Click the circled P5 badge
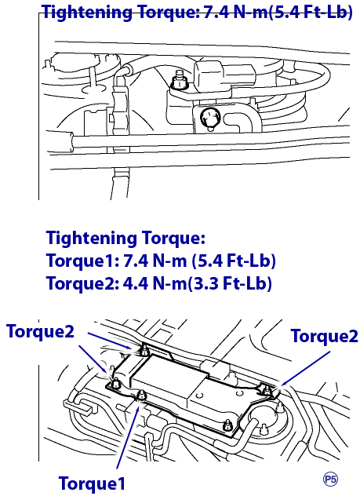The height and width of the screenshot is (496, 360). [331, 480]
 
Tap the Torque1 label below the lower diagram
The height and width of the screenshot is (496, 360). [92, 483]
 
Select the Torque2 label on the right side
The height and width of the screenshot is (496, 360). [324, 336]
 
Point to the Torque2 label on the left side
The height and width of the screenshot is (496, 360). [40, 331]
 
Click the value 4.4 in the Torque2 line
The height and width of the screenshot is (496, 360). [135, 283]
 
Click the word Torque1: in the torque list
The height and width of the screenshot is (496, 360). [83, 261]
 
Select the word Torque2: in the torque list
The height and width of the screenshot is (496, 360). [83, 283]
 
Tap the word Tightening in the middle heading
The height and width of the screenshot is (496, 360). [92, 239]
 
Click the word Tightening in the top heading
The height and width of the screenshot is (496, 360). [88, 13]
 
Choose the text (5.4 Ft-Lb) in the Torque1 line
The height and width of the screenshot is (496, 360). [234, 261]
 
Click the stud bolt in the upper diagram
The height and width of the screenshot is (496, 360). [179, 80]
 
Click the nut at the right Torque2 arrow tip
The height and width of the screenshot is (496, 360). [267, 388]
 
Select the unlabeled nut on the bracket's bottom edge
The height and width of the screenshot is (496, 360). [227, 425]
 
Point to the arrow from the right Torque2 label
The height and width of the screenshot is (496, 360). [305, 368]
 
